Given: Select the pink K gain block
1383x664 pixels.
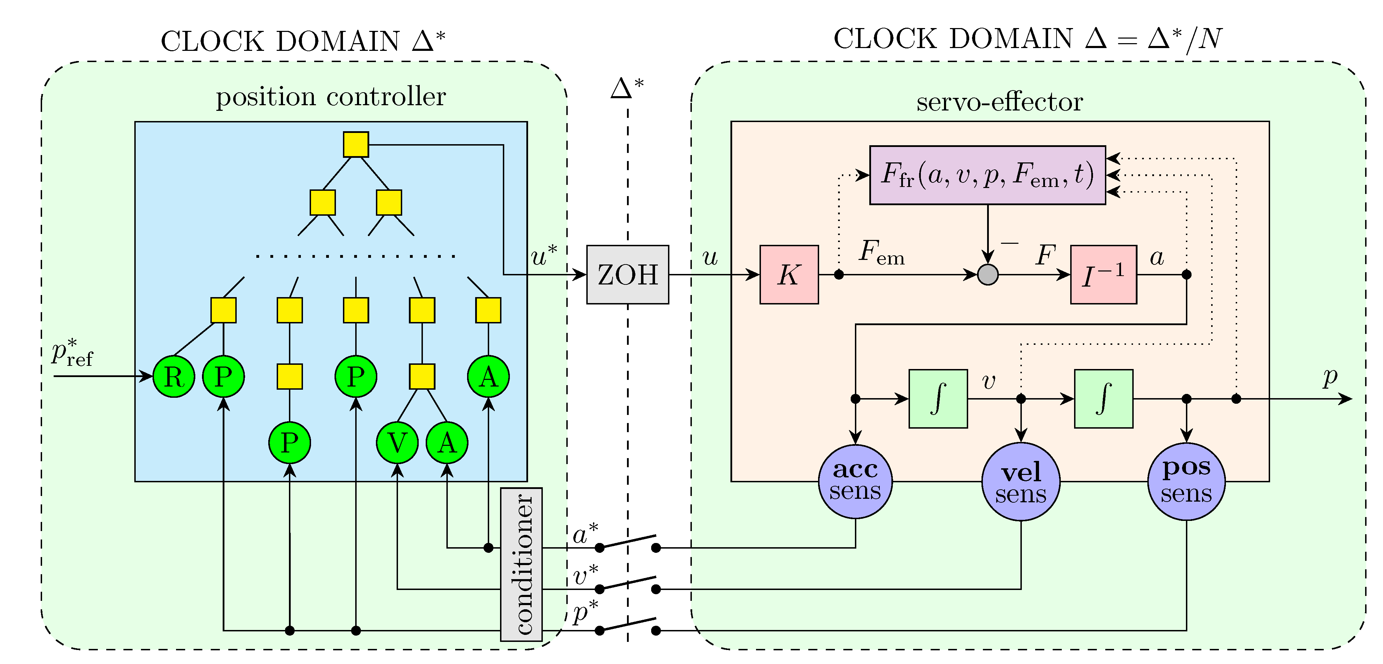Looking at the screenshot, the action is pos(789,275).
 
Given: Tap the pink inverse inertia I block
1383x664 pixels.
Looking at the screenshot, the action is pos(1103,275).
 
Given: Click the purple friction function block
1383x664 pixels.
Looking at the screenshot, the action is pos(987,175).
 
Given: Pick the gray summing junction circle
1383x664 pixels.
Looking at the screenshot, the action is pos(987,275).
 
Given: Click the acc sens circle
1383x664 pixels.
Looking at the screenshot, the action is pos(855,481).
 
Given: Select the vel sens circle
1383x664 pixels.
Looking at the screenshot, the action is pos(1021,481).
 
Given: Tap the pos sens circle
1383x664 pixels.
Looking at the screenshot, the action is pos(1187,481).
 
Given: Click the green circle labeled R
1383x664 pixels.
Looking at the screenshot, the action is pos(174,376).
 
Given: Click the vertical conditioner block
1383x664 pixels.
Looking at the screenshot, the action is pos(521,564).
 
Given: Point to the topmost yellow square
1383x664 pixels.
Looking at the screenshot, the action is pos(356,144).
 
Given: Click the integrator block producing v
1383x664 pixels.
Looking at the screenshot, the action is pos(938,398).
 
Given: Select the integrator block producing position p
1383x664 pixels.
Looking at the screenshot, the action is pos(1103,398).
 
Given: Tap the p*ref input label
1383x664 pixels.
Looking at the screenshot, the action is pos(72,353).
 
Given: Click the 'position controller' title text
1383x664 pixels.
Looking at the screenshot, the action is pos(331,97).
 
